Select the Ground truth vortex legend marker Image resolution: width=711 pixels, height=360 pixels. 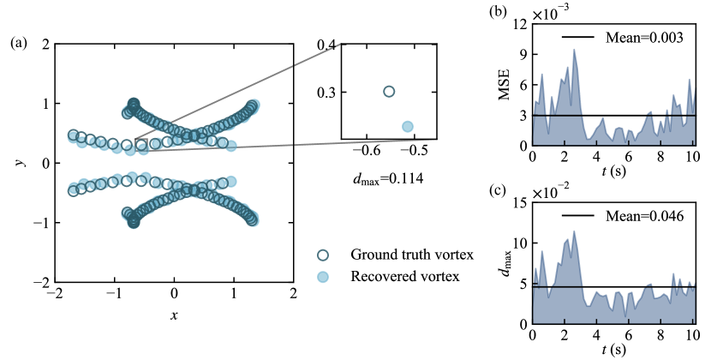click(323, 255)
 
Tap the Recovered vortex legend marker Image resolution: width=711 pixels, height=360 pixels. click(323, 276)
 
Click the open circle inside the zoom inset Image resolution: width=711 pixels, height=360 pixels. click(389, 91)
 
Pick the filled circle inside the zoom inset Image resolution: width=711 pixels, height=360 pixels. click(408, 126)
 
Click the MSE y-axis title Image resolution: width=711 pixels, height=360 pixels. click(503, 84)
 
